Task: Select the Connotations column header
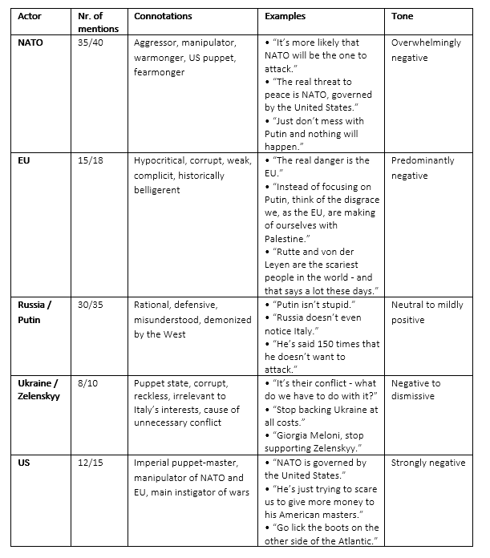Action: coord(163,16)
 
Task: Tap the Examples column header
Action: coord(286,16)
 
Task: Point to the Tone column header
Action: coord(403,16)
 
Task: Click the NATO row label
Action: coord(30,42)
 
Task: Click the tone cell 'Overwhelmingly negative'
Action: coord(427,50)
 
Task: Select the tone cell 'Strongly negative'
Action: coord(428,463)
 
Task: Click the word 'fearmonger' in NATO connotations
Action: coord(160,73)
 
